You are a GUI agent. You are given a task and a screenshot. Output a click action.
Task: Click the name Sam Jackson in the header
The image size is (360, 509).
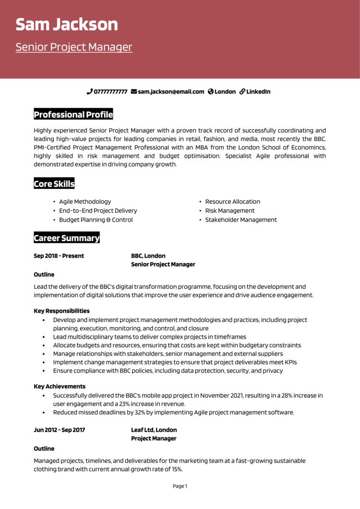[66, 24]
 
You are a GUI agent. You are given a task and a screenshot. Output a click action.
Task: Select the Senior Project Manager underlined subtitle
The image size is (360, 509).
[74, 47]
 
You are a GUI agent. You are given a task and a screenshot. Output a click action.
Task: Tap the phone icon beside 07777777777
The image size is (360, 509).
[89, 92]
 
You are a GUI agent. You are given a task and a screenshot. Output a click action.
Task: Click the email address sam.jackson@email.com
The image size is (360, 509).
[171, 92]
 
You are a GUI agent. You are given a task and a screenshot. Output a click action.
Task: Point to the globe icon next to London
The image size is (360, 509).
[211, 92]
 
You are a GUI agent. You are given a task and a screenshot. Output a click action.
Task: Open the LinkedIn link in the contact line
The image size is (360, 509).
[258, 92]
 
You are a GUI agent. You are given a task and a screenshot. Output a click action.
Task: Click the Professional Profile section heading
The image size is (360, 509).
[73, 115]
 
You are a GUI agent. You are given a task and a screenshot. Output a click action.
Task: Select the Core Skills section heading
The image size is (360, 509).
[54, 184]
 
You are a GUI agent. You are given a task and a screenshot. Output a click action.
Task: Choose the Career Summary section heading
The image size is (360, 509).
[67, 238]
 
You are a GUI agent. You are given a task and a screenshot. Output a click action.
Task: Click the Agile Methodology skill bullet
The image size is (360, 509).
[85, 201]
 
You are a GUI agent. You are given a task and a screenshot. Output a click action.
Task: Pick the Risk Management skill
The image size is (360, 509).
[230, 211]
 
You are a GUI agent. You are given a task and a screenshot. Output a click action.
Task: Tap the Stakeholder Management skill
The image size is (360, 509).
[241, 220]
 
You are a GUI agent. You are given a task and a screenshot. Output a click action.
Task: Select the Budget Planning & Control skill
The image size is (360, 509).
[96, 220]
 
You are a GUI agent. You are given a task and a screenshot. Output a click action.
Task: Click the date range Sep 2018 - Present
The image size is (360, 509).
[59, 256]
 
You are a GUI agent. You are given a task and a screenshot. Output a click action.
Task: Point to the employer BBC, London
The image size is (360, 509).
[148, 256]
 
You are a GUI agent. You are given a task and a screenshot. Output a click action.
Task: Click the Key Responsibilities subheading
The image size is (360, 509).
[61, 311]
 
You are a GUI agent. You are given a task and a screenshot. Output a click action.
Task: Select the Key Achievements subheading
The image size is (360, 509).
[60, 386]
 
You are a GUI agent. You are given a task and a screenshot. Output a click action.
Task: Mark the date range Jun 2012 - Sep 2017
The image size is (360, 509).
[59, 430]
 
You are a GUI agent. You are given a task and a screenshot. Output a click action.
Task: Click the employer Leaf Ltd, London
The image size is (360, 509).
[154, 430]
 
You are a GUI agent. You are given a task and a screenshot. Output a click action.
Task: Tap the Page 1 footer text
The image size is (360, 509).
[180, 486]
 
